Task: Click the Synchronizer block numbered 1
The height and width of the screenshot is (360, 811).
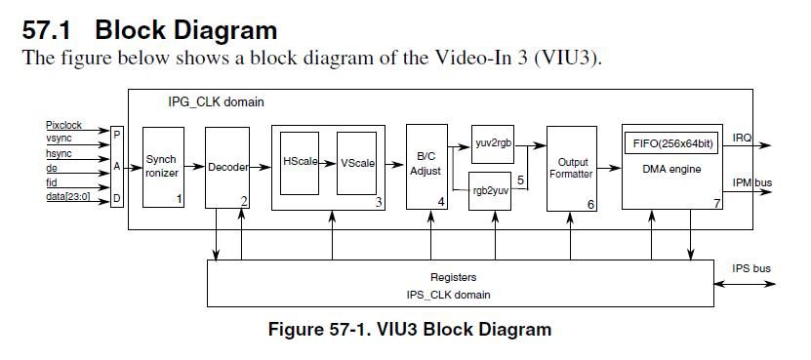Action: tap(163, 166)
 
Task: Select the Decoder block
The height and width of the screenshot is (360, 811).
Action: tap(227, 167)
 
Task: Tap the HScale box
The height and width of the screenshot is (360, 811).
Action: tap(301, 162)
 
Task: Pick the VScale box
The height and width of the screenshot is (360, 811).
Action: tap(357, 163)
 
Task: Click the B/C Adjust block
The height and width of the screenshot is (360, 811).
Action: tap(426, 165)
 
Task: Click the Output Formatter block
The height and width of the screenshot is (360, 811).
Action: tap(572, 168)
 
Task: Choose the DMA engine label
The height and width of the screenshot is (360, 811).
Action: tap(670, 169)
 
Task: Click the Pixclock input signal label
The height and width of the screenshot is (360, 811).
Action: tap(65, 126)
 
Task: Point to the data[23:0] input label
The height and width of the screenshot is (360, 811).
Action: tap(67, 196)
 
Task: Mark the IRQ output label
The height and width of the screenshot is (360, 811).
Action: tap(742, 138)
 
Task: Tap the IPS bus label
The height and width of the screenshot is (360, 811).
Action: tap(751, 268)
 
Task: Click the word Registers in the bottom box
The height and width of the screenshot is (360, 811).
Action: tap(453, 277)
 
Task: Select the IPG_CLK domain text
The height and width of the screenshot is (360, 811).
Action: tap(216, 101)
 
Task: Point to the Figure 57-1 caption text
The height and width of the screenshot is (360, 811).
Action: tap(409, 329)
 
